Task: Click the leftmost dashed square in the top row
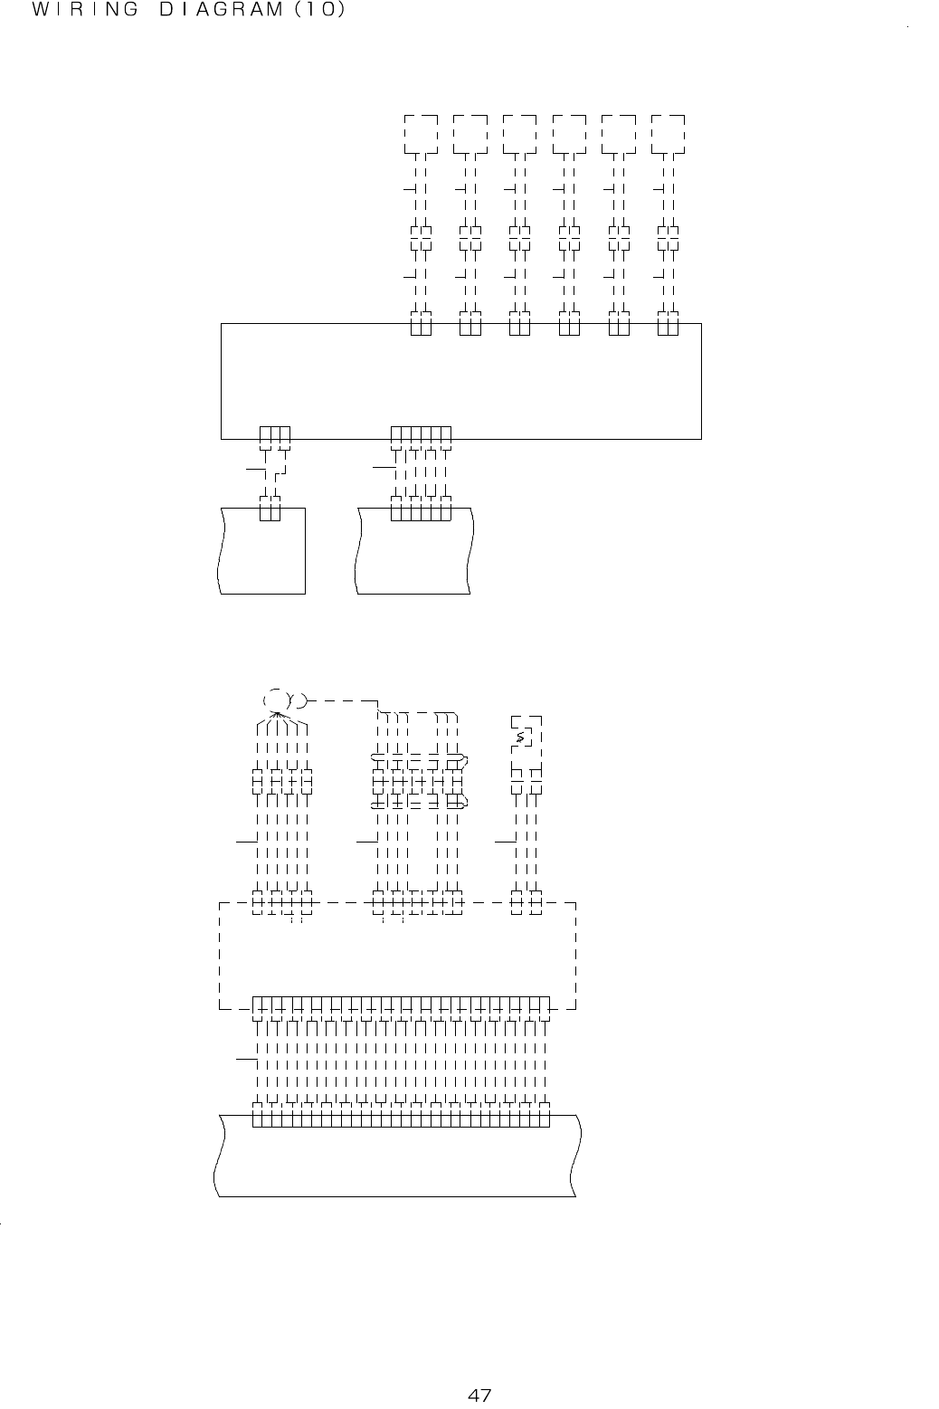click(x=421, y=135)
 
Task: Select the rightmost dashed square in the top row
click(x=669, y=135)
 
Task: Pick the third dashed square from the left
click(x=520, y=135)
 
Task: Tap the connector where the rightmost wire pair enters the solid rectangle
click(x=669, y=324)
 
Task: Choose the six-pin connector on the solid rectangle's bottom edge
click(x=421, y=436)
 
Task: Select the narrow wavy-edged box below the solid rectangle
click(x=262, y=552)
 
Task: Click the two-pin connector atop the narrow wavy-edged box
click(x=270, y=509)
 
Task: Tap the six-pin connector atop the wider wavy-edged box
click(x=421, y=510)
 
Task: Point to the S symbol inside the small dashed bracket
click(x=520, y=739)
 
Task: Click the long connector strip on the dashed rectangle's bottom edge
click(x=401, y=1006)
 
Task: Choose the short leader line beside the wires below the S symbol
click(x=505, y=842)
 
